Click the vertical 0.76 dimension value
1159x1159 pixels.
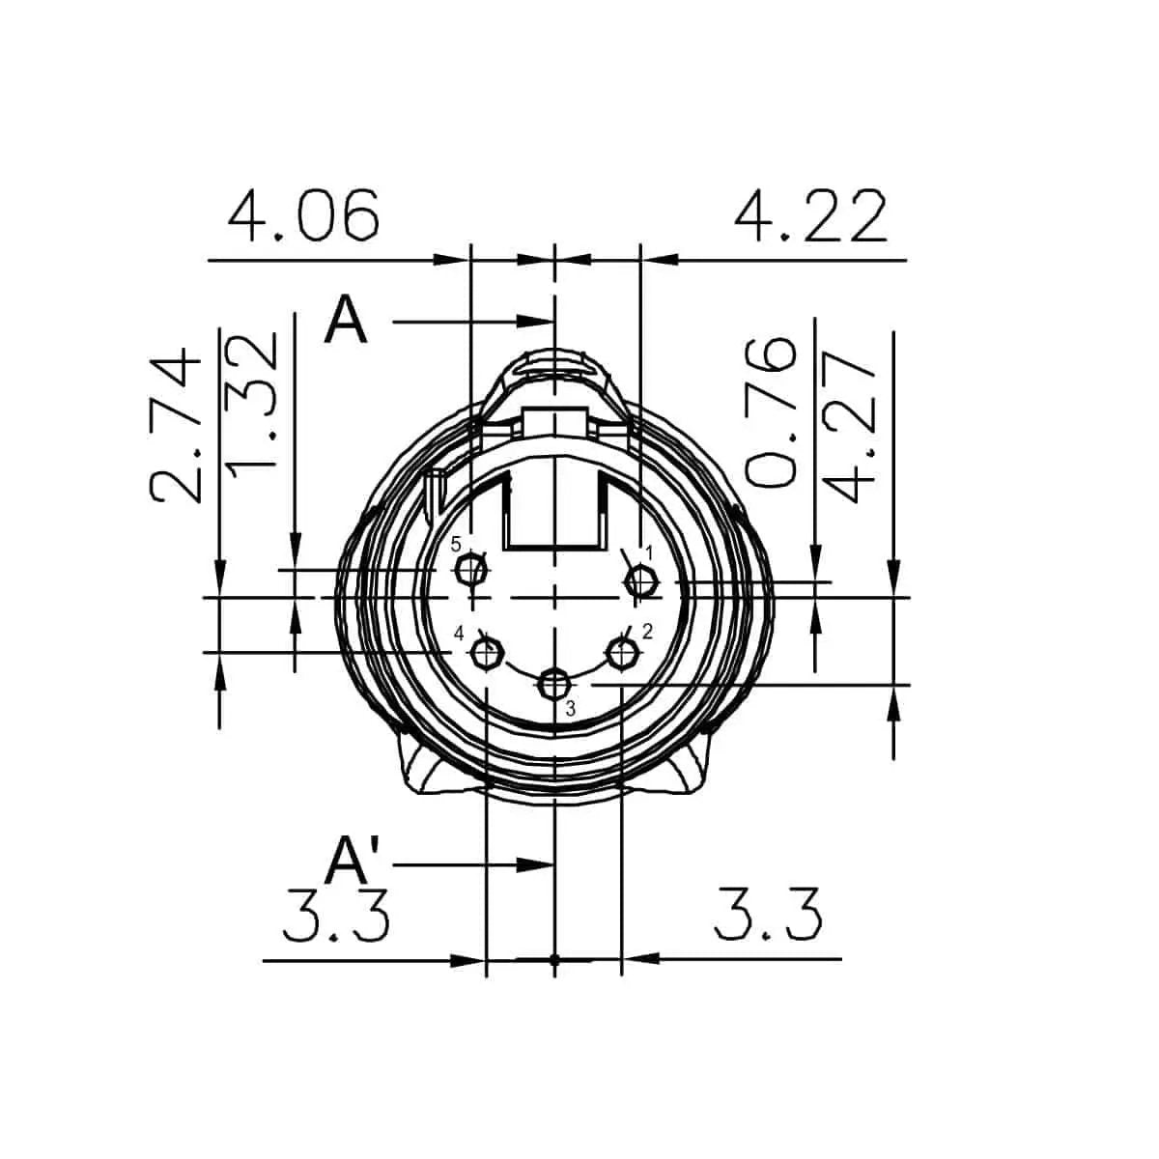pyautogui.click(x=773, y=410)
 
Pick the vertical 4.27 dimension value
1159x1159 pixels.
pyautogui.click(x=852, y=425)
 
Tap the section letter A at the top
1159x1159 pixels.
pyautogui.click(x=346, y=321)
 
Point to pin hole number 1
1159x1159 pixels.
pyautogui.click(x=641, y=581)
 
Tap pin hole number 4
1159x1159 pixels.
pyautogui.click(x=486, y=654)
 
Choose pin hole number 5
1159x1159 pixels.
pyautogui.click(x=472, y=570)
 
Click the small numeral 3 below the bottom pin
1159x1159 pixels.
pyautogui.click(x=570, y=709)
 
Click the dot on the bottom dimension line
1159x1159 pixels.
pyautogui.click(x=553, y=960)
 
